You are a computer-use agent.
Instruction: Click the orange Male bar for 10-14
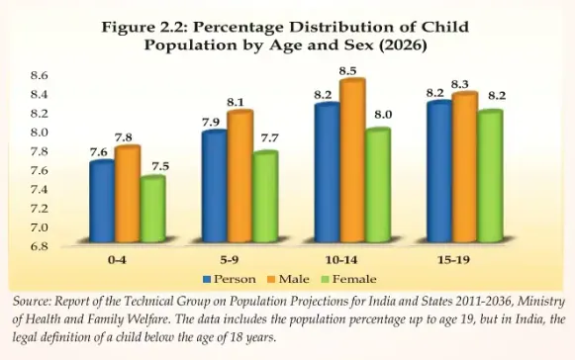click(x=352, y=162)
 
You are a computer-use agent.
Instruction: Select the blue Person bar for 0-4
click(x=102, y=204)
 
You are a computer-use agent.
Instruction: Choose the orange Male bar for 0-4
click(x=128, y=196)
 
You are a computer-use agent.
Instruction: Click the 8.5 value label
click(x=349, y=71)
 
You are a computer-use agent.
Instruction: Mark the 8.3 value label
click(x=463, y=86)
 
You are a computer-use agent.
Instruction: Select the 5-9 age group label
click(x=238, y=262)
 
